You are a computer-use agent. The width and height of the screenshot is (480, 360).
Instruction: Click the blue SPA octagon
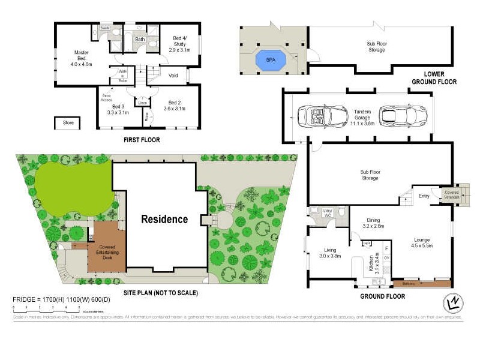click(271, 60)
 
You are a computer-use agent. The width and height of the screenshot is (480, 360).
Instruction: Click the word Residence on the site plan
click(164, 219)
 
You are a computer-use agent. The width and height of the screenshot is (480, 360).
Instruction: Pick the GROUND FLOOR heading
click(382, 296)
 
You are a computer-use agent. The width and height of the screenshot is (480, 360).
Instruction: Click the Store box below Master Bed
click(68, 123)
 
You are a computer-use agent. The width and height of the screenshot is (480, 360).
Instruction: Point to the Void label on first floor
click(173, 76)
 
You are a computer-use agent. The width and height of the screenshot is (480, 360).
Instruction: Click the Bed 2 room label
click(175, 106)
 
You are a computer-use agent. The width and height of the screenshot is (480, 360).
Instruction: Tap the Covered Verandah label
click(451, 195)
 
